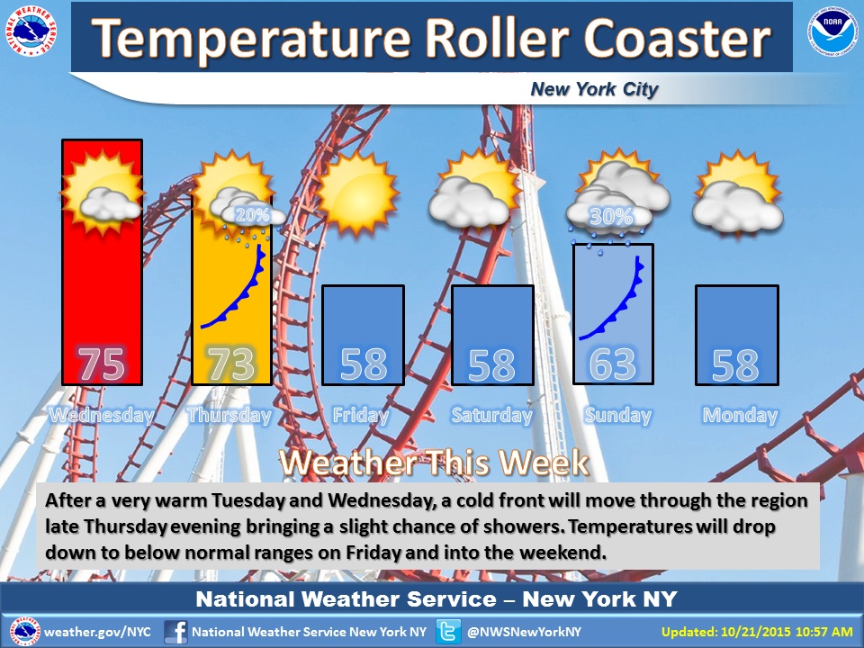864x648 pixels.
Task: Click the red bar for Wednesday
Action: (x=102, y=262)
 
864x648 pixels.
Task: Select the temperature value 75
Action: (x=102, y=364)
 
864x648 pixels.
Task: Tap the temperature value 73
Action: (x=231, y=364)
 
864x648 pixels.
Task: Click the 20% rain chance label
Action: (x=252, y=215)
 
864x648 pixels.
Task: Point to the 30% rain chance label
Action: (x=610, y=217)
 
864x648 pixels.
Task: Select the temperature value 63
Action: (x=612, y=364)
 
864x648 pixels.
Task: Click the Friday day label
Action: (x=361, y=415)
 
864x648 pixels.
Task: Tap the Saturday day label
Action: (x=492, y=415)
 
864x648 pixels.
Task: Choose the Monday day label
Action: (x=740, y=415)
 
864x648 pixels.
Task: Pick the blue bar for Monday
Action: (x=737, y=335)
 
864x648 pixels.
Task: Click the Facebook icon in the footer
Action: (x=175, y=632)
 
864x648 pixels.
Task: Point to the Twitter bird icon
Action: (x=448, y=632)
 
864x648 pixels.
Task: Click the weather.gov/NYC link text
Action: (x=97, y=632)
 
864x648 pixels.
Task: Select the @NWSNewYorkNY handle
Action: (x=524, y=632)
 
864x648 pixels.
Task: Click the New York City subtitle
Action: (x=594, y=89)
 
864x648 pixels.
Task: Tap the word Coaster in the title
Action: (x=677, y=38)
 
